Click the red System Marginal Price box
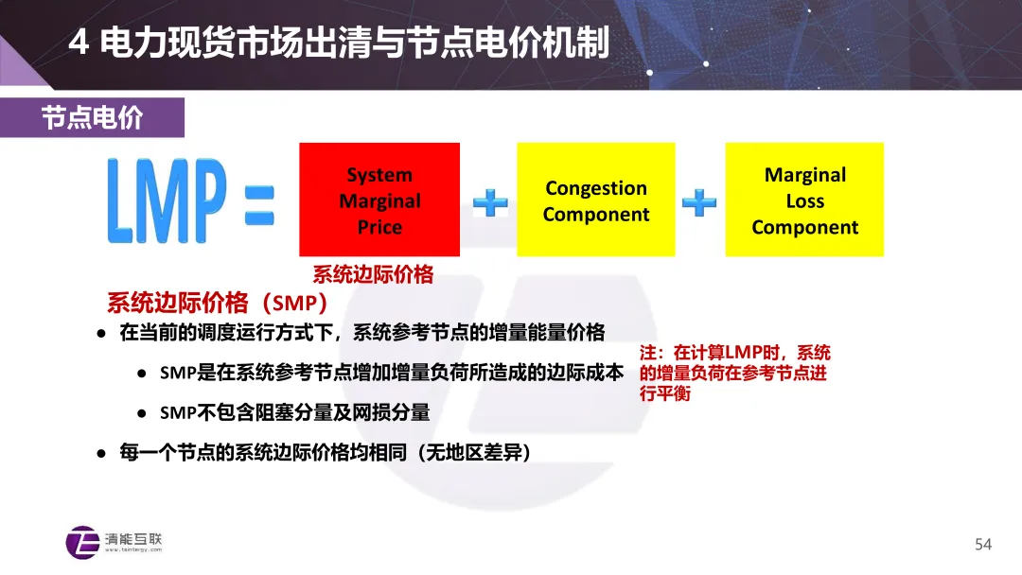379,200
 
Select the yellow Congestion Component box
596,200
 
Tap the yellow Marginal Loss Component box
804,200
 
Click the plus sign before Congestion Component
490,202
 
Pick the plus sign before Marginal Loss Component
699,202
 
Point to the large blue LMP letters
167,200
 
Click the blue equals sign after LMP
259,205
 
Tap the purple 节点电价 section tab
92,118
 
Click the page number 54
983,545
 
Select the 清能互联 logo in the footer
115,543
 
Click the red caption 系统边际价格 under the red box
373,274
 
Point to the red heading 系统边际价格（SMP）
217,303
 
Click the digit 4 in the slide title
79,43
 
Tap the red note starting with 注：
734,373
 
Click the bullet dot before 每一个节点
101,453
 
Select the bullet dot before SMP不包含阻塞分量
141,413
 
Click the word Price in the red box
379,227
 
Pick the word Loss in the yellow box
805,201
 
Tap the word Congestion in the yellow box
596,188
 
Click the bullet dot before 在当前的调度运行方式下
101,334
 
